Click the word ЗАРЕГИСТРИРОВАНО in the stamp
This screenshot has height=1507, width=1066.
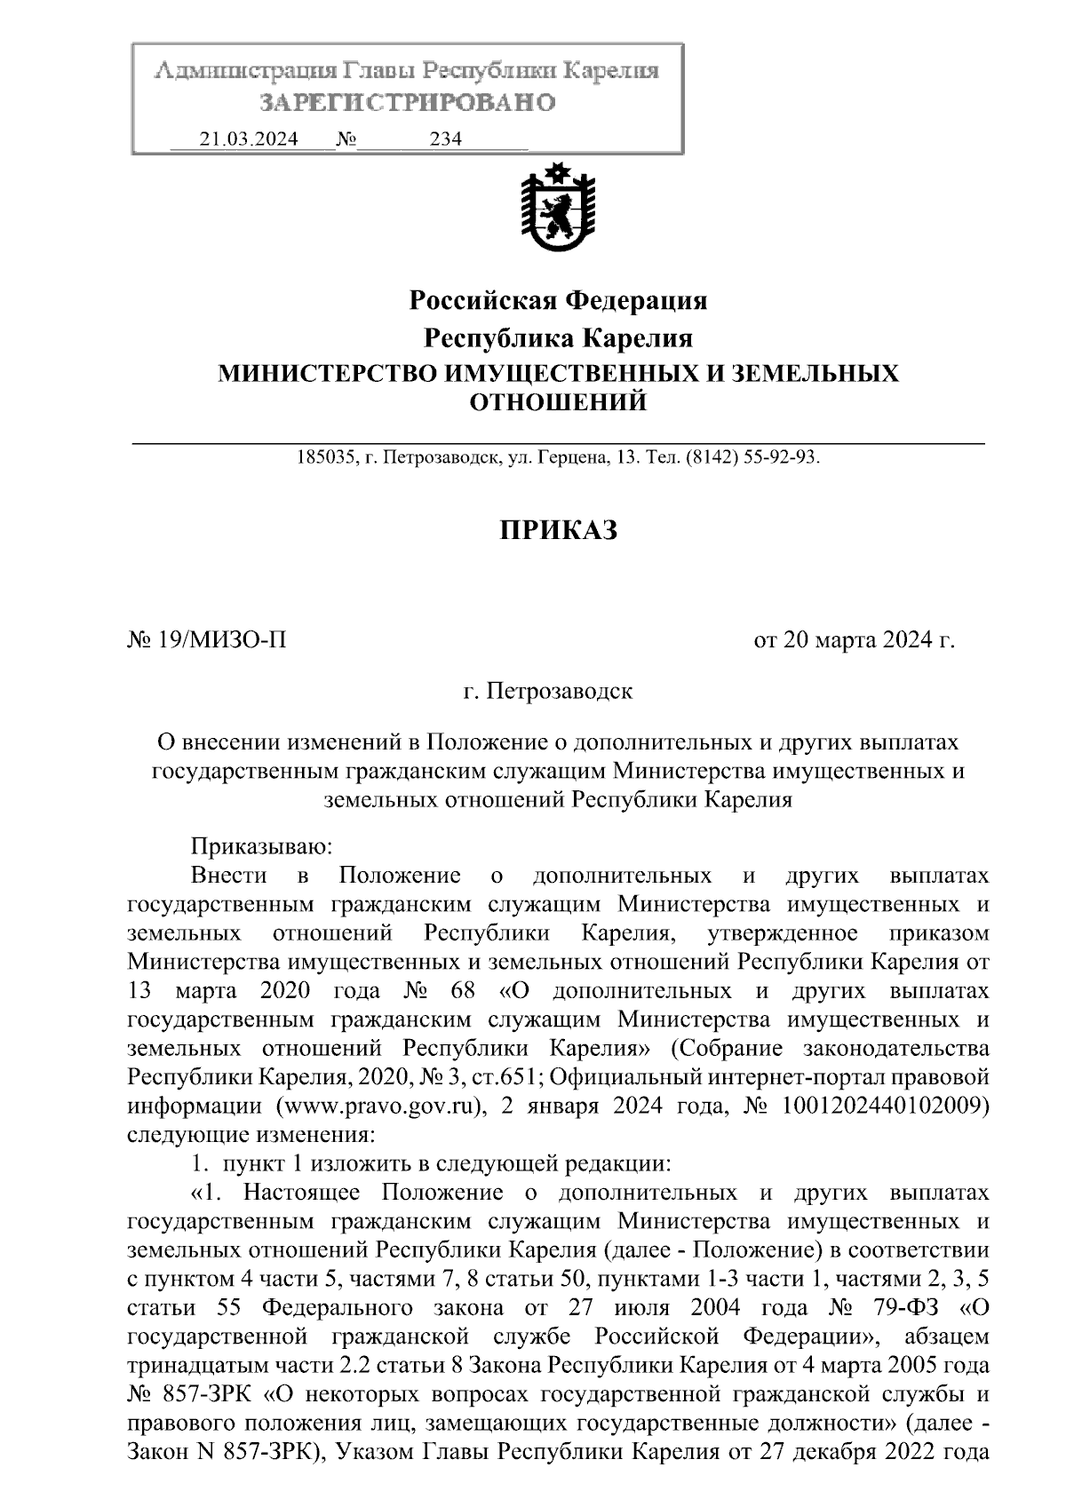(407, 104)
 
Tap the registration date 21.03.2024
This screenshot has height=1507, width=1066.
(249, 139)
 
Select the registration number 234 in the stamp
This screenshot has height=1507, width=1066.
(445, 139)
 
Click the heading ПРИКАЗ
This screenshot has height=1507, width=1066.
(558, 530)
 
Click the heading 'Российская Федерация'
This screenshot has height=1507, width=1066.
(558, 301)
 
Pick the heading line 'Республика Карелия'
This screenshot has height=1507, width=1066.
(558, 338)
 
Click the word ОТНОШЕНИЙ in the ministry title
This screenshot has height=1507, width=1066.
(558, 403)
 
